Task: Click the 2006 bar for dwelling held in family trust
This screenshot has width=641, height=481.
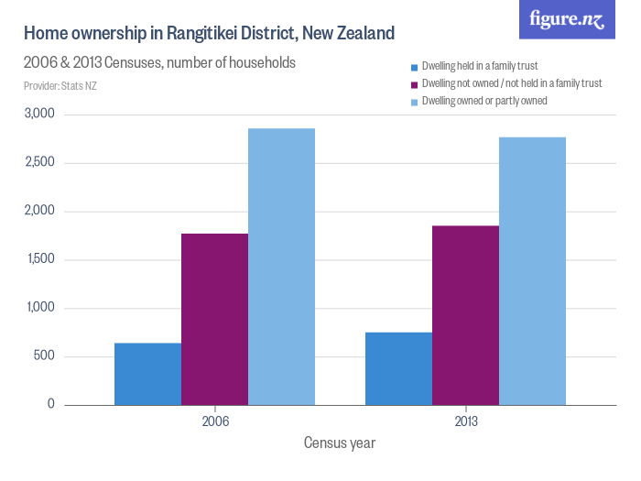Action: [x=147, y=374]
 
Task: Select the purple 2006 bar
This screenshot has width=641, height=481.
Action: [x=214, y=319]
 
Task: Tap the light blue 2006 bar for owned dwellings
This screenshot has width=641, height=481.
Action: [x=281, y=267]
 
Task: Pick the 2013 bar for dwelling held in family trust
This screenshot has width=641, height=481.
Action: [x=398, y=368]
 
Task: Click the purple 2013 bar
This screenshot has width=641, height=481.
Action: [x=465, y=315]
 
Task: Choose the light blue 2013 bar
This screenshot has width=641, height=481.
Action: [x=532, y=271]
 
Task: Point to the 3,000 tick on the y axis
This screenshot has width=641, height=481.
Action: [x=39, y=115]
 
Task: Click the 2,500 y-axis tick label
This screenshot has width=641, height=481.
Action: [x=39, y=163]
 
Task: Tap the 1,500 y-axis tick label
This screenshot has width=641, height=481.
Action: [x=39, y=259]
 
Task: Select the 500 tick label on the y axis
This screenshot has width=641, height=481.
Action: [x=45, y=356]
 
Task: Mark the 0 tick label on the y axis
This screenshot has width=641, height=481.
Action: [x=51, y=404]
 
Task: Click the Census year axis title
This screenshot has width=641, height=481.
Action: [x=339, y=443]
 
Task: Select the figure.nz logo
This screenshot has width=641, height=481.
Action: [x=567, y=19]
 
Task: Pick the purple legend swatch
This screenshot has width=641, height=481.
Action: [x=414, y=84]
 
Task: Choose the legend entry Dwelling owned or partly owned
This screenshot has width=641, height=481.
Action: [x=483, y=101]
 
